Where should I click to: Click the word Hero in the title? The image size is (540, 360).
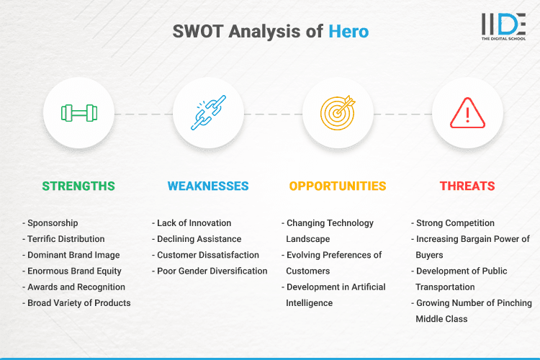click(x=348, y=32)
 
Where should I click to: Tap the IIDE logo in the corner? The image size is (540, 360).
click(x=503, y=27)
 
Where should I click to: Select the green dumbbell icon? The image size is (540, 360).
click(x=78, y=113)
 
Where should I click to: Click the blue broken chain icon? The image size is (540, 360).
click(x=208, y=113)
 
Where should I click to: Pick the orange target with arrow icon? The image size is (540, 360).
click(x=338, y=113)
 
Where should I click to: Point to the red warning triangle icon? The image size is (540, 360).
click(x=467, y=113)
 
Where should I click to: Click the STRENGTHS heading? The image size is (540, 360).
click(x=78, y=186)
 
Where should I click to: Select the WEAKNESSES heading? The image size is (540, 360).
click(x=208, y=186)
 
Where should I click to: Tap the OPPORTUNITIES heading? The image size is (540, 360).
click(x=338, y=186)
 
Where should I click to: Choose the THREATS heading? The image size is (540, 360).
click(x=467, y=186)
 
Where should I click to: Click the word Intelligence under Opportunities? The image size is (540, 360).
click(x=310, y=303)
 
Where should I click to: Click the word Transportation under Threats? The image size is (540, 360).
click(x=446, y=287)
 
